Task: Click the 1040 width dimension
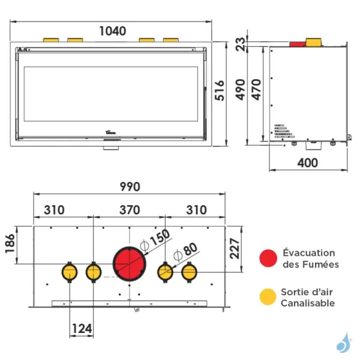pyautogui.click(x=112, y=31)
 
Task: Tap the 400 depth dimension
pyautogui.click(x=308, y=163)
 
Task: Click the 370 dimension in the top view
pyautogui.click(x=129, y=210)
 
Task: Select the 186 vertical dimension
pyautogui.click(x=11, y=244)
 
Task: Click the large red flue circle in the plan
pyautogui.click(x=129, y=264)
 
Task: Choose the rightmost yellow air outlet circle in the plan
pyautogui.click(x=190, y=272)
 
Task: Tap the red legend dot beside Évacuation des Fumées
pyautogui.click(x=268, y=259)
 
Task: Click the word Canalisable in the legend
pyautogui.click(x=307, y=304)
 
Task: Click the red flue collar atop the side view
pyautogui.click(x=297, y=44)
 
